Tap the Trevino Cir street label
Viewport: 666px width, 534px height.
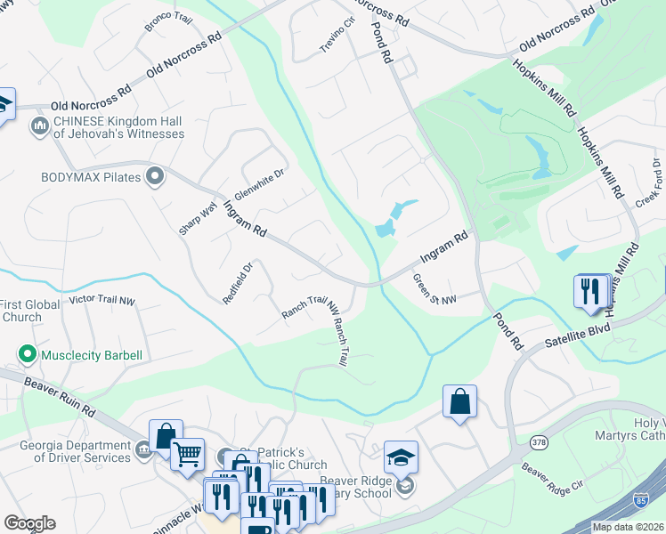338,36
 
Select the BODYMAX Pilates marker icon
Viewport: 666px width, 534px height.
155,177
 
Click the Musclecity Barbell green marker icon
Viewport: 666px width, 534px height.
28,355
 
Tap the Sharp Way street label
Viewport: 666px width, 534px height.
198,218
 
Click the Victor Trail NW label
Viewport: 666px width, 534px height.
102,301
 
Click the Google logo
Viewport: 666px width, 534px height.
29,523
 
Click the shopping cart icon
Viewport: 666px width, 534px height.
187,455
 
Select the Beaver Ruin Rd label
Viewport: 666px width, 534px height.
60,397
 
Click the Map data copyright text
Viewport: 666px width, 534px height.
629,527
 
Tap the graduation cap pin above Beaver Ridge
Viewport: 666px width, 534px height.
401,457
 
